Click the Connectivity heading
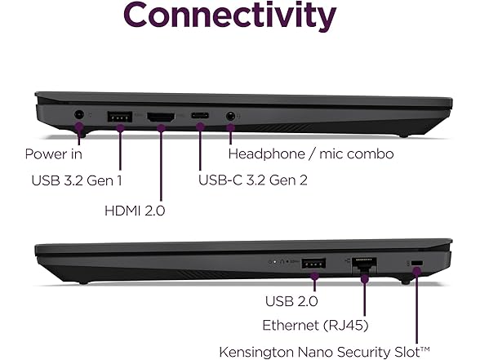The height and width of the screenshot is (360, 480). [x=230, y=17]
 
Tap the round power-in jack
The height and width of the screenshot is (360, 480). [x=79, y=116]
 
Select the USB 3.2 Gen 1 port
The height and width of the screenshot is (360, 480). [x=120, y=116]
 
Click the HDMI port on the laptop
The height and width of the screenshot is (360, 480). [x=161, y=117]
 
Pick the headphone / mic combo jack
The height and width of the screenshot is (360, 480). [x=233, y=117]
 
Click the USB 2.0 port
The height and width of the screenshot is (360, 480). [x=313, y=264]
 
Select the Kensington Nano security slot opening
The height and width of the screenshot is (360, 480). [x=416, y=263]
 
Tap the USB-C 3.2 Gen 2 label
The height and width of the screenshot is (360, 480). [x=253, y=180]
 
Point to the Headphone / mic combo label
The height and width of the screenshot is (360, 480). [x=311, y=153]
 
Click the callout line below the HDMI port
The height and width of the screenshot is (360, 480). [x=161, y=163]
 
